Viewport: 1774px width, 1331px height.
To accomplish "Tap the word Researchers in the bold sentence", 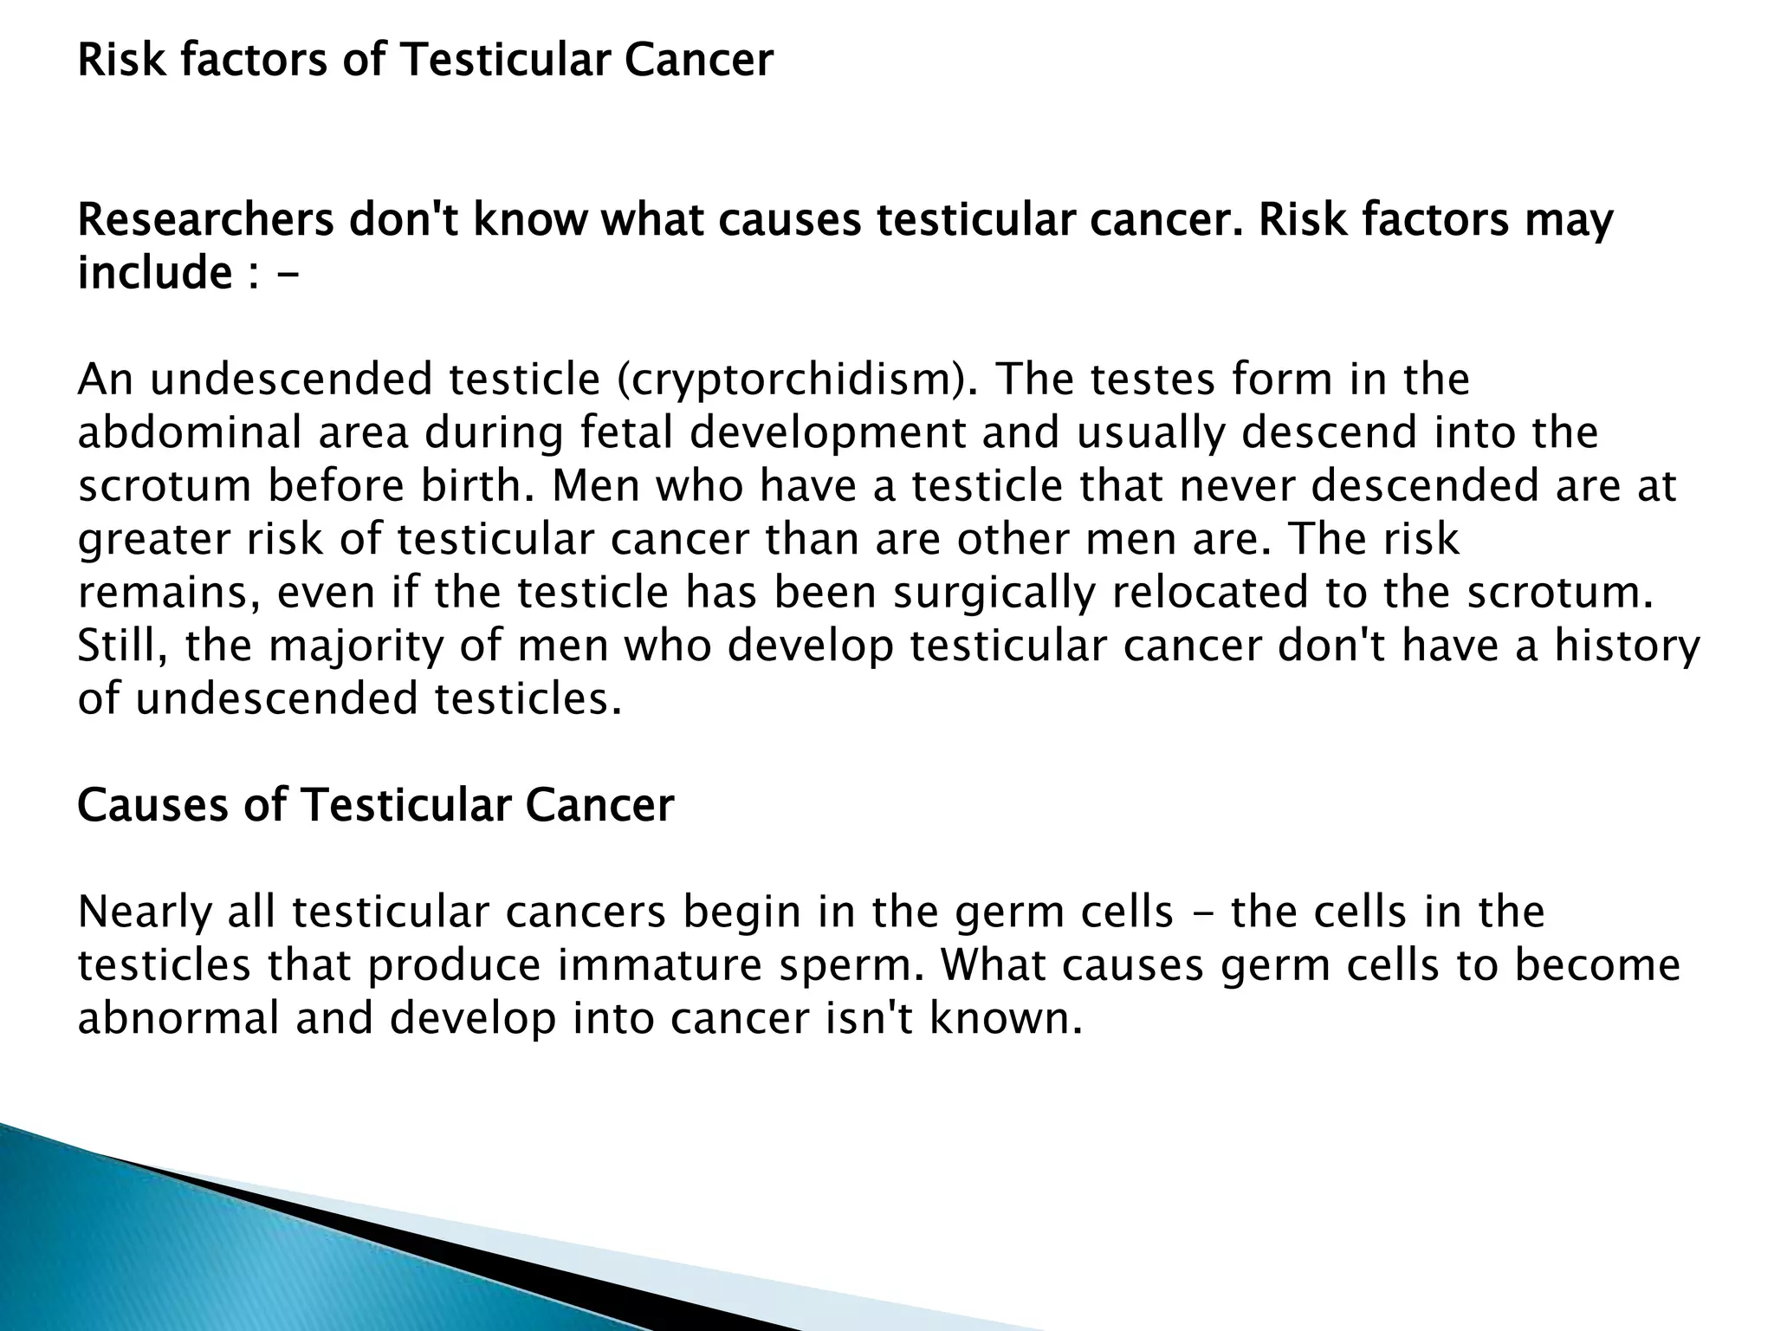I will point(205,220).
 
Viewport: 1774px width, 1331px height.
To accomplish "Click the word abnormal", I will point(178,1018).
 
